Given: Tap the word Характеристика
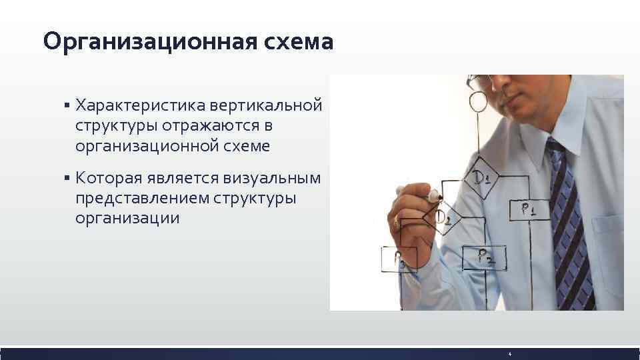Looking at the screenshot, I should click(x=140, y=105).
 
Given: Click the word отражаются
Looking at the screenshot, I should click(x=211, y=126).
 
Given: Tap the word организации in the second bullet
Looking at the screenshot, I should click(x=127, y=219).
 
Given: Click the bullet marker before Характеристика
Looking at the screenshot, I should click(x=67, y=105).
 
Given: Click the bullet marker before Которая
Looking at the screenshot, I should click(x=67, y=178).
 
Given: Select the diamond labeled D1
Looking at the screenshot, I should click(x=481, y=177).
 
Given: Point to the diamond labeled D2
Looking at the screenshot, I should click(x=445, y=216).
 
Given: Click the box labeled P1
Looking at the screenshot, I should click(x=530, y=209).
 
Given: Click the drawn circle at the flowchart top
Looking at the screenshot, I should click(x=478, y=101).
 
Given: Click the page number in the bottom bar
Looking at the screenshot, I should click(x=509, y=353).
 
